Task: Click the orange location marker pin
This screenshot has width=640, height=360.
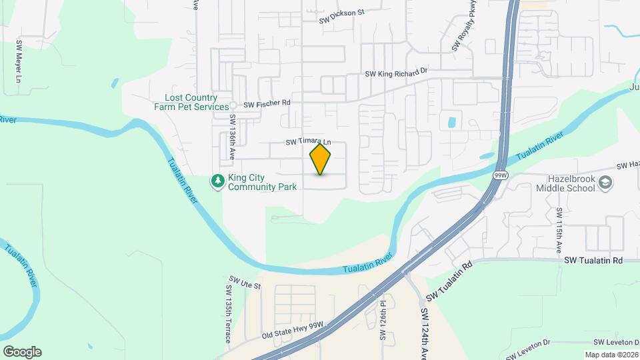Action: pos(321,159)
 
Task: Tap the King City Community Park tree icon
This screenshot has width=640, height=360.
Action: pos(217,181)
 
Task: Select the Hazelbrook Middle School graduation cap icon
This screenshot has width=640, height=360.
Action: pos(605,183)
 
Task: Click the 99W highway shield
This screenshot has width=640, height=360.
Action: pos(501,175)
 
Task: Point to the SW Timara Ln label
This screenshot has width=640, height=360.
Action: pos(308,142)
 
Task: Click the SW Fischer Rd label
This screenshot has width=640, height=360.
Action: pos(267,104)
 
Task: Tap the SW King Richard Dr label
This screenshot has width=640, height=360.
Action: pos(395,72)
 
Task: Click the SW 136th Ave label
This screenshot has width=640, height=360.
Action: pos(233,135)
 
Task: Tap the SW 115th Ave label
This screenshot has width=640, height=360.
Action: pos(559,228)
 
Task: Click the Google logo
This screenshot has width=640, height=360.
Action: pos(22,351)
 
